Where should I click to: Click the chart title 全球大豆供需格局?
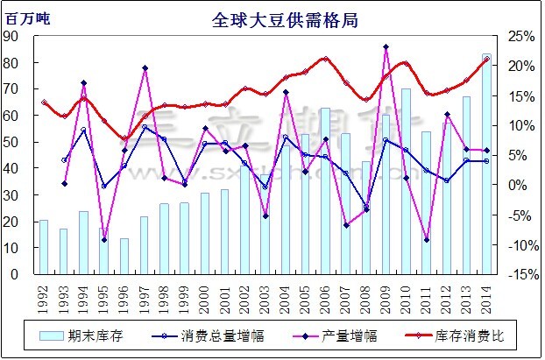pos(271,20)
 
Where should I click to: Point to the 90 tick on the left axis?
pos(12,36)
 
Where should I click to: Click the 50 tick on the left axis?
pos(12,142)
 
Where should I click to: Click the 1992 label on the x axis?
pos(44,291)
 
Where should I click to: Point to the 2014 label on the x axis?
pos(486,291)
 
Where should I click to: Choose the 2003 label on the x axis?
pos(265,291)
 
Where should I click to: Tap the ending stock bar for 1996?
pos(124,256)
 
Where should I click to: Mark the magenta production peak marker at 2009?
pos(386,46)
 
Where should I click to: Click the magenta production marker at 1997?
pos(145,68)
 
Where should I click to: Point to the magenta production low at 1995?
pos(104,240)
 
